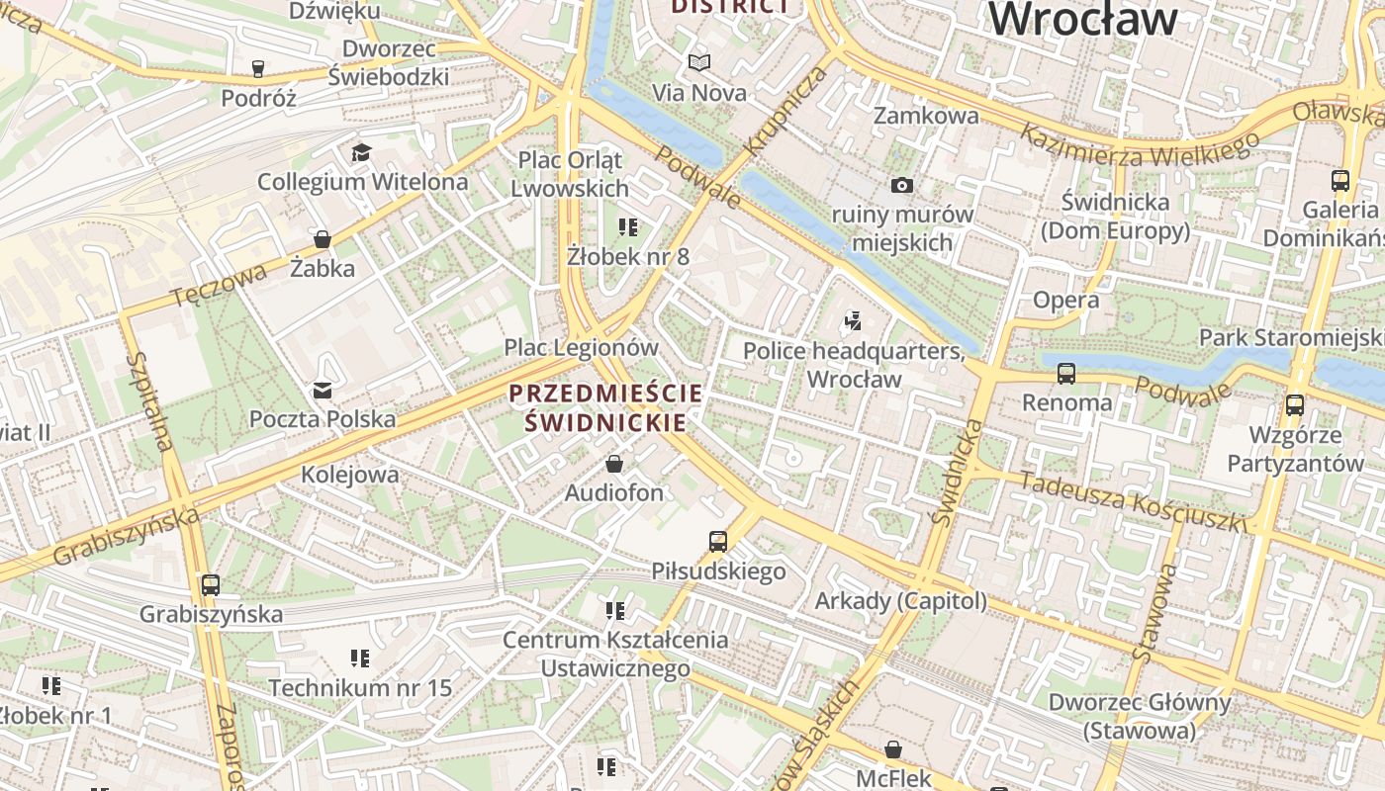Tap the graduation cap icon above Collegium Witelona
361,152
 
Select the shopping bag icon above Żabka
322,238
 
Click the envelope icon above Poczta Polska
323,390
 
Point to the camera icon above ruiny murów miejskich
901,185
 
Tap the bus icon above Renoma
1066,374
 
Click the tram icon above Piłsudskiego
718,542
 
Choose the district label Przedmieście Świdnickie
605,407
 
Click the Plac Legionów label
581,347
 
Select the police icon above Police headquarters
853,321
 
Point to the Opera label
1065,300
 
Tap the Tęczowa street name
219,285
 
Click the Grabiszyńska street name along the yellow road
126,537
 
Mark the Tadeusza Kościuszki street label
1132,500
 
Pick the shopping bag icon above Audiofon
614,464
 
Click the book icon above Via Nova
699,63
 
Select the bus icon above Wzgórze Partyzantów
1295,405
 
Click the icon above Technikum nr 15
359,659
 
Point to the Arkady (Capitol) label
900,601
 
